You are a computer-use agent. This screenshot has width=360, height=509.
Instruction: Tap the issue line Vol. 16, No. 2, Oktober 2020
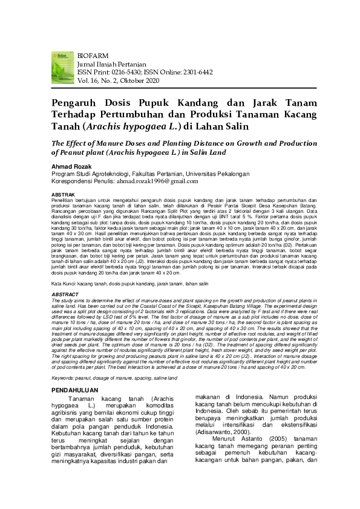click(118, 79)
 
